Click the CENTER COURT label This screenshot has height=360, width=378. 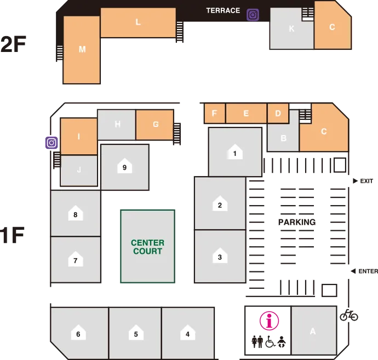147,247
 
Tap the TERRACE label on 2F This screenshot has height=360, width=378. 223,10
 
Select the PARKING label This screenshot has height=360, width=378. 296,222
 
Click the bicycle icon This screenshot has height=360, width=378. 348,315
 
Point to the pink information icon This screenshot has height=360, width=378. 269,321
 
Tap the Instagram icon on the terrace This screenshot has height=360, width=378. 253,15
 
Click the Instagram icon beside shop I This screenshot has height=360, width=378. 51,143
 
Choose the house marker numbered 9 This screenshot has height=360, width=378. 125,167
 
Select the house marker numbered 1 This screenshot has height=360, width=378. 234,153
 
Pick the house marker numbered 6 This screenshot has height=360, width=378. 78,334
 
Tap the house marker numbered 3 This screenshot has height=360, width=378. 220,257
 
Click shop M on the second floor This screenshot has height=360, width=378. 82,49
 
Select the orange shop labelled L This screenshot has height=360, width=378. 138,22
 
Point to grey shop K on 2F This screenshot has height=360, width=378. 291,29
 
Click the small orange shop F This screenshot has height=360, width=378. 215,113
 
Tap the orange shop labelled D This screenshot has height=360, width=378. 278,113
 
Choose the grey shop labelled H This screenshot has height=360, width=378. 117,124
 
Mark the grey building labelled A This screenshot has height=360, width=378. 313,330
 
